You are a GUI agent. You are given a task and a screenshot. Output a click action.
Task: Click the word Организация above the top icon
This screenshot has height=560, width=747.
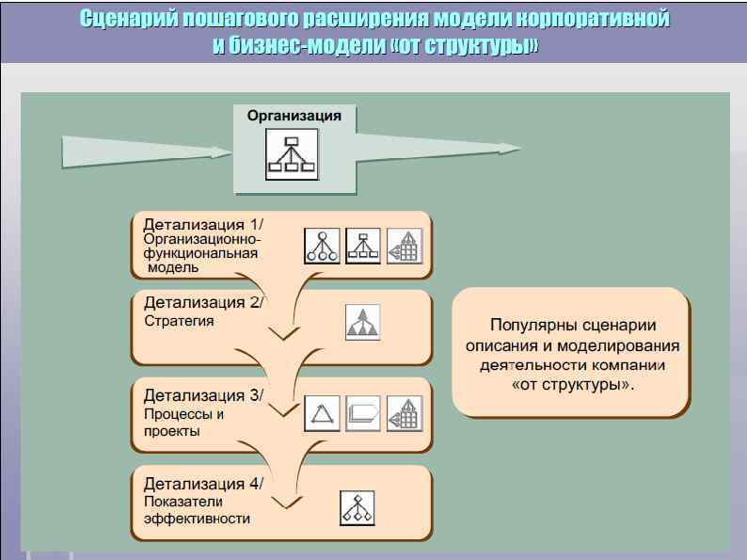[294, 116]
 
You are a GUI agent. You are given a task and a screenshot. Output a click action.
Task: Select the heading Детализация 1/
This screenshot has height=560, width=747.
[204, 224]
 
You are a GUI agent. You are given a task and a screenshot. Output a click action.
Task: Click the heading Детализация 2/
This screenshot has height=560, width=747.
[204, 302]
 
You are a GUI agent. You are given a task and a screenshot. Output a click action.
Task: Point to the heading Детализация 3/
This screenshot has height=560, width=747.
[204, 393]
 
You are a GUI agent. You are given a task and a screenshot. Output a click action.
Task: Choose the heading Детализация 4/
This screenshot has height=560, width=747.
[204, 484]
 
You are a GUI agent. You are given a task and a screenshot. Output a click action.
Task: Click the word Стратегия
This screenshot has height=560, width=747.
[179, 321]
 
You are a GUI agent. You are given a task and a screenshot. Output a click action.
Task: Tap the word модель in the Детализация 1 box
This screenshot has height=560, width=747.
[173, 267]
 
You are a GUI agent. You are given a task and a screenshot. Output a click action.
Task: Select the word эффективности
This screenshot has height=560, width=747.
[191, 519]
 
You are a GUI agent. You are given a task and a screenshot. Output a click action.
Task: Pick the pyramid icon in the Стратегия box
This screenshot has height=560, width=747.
[362, 322]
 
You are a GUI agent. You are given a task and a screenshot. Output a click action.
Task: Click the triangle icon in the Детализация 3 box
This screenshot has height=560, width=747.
[322, 413]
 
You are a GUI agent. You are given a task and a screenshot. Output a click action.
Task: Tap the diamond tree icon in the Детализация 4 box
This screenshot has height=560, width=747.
[357, 508]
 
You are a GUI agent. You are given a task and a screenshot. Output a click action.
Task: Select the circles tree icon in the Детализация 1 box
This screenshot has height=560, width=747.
[322, 246]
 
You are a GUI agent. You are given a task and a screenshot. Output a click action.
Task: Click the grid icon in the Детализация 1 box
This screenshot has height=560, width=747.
[405, 246]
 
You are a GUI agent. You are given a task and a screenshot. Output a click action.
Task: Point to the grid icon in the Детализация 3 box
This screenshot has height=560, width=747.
[405, 413]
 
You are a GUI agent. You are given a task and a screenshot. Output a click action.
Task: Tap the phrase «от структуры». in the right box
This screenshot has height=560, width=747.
[572, 385]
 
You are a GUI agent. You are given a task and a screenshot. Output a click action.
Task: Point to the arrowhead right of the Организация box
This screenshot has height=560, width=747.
[508, 148]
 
